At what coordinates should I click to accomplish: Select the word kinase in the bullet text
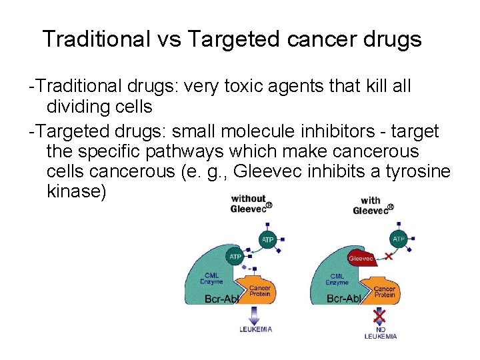tap(76, 193)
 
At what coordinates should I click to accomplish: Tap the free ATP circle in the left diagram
tap(267, 239)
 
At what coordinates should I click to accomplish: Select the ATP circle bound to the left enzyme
tap(235, 257)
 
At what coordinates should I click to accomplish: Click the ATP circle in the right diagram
tap(399, 239)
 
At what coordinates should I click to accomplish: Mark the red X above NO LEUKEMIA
tap(379, 314)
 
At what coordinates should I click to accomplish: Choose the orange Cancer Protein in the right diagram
tap(384, 288)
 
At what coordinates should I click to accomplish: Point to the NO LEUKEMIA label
tap(380, 332)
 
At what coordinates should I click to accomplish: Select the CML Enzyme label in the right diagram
tap(337, 279)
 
